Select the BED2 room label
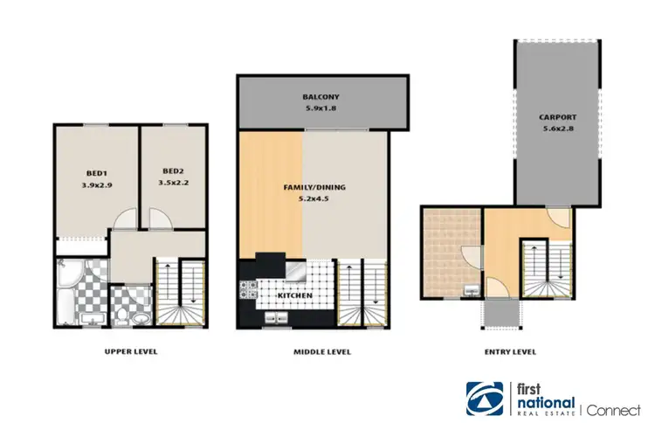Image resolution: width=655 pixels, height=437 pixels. coord(173,171)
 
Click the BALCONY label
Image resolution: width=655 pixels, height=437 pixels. coord(321,97)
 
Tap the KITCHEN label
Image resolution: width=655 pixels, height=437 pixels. coord(295,296)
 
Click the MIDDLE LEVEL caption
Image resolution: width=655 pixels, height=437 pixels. coord(322,352)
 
